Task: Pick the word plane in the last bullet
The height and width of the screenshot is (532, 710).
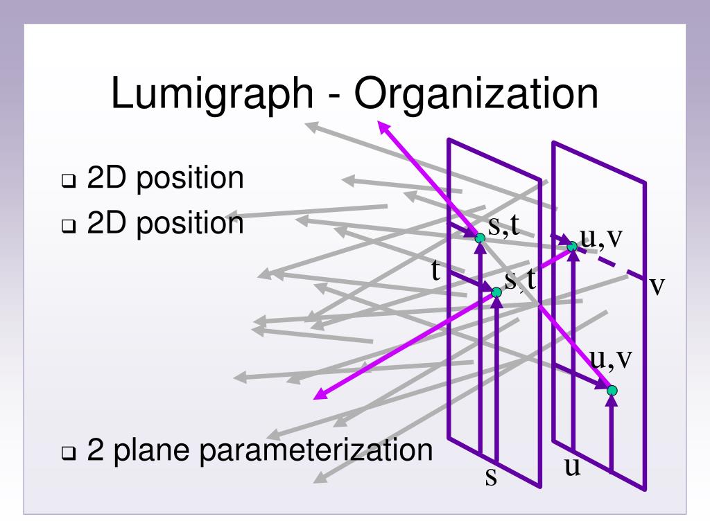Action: [x=149, y=451]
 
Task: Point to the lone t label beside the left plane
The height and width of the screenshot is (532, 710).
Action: [x=436, y=271]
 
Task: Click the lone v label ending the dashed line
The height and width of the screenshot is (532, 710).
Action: [x=657, y=285]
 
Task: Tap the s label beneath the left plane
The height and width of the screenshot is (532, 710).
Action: [x=491, y=477]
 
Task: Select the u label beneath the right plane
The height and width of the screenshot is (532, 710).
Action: [x=572, y=467]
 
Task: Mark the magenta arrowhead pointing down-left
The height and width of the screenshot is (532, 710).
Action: [x=319, y=395]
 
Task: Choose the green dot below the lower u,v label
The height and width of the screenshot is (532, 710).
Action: [x=612, y=391]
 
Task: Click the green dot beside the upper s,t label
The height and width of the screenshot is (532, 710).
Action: [x=480, y=238]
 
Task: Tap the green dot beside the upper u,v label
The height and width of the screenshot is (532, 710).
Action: [x=572, y=246]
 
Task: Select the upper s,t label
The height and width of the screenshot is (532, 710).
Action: [x=504, y=227]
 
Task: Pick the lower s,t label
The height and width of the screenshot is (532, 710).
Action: [x=520, y=280]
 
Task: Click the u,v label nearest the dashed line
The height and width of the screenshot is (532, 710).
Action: [x=601, y=238]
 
